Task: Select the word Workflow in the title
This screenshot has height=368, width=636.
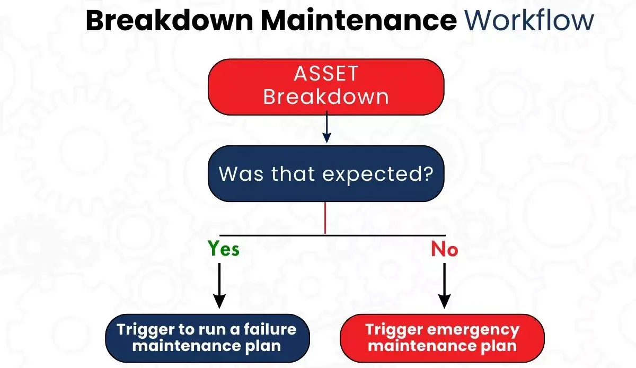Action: pos(529,21)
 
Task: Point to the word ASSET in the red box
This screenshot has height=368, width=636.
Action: pos(326,74)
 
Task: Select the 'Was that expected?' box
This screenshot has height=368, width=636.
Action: pos(326,174)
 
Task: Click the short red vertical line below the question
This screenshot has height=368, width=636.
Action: pos(325,219)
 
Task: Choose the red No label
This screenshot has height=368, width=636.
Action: pos(444,249)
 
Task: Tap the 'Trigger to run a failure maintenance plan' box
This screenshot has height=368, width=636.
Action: pos(207,338)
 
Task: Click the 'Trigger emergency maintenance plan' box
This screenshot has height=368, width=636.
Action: pos(442,338)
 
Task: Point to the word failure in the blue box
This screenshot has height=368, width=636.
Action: pos(273,329)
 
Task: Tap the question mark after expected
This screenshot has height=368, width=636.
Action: pos(437,173)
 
